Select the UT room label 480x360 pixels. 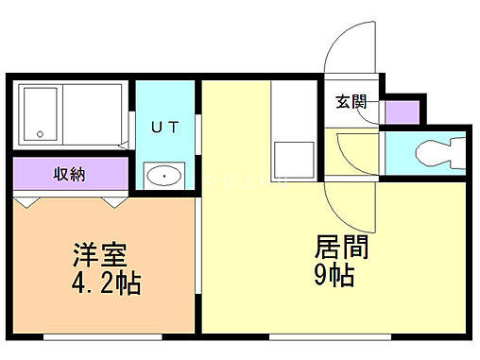(164, 127)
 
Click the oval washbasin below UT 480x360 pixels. (164, 176)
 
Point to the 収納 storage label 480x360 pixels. (70, 173)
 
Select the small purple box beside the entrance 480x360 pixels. (403, 111)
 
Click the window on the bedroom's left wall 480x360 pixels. (12, 265)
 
